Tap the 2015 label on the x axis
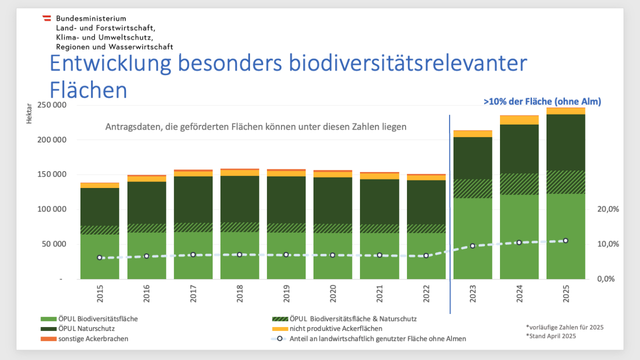coord(100,294)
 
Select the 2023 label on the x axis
coord(472,294)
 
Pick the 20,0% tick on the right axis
coord(607,209)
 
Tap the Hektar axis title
coord(29,114)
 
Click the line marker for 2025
coord(565,240)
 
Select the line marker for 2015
coord(99,257)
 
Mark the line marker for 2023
coord(472,246)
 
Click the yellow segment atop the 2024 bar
coord(519,120)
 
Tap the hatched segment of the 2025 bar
coord(565,182)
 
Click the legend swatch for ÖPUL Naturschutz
coord(48,328)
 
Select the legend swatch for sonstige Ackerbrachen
coord(48,338)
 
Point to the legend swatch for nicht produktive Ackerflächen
coord(280,328)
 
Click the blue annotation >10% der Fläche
coord(542,101)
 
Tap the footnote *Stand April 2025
coord(550,336)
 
